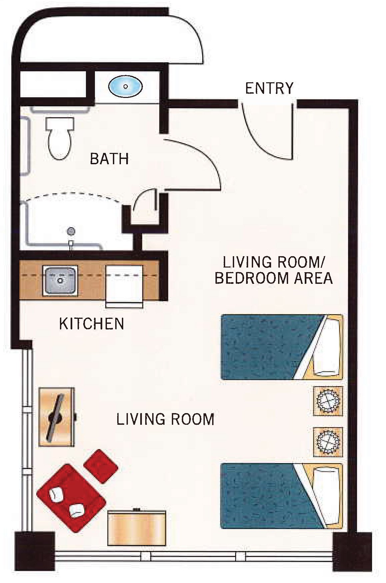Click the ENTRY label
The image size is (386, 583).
269,88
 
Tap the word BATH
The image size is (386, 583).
110,159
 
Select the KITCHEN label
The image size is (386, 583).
92,323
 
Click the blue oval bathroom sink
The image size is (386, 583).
126,86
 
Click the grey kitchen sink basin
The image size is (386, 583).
60,280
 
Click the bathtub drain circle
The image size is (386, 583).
71,231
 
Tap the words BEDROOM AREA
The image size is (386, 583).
274,278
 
